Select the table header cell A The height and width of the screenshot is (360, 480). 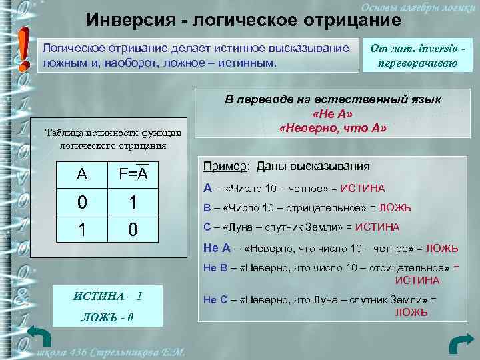(81, 175)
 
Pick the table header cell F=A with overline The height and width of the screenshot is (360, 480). (133, 175)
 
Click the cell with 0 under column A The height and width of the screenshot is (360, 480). (81, 201)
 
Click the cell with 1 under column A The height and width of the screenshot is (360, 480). (81, 230)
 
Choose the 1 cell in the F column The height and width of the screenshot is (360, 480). (133, 201)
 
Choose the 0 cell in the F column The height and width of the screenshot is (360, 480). (133, 230)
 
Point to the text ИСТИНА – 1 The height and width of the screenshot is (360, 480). (107, 295)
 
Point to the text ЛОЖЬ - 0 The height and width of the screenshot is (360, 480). (107, 316)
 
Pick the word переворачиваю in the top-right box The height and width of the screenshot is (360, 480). (408, 64)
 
